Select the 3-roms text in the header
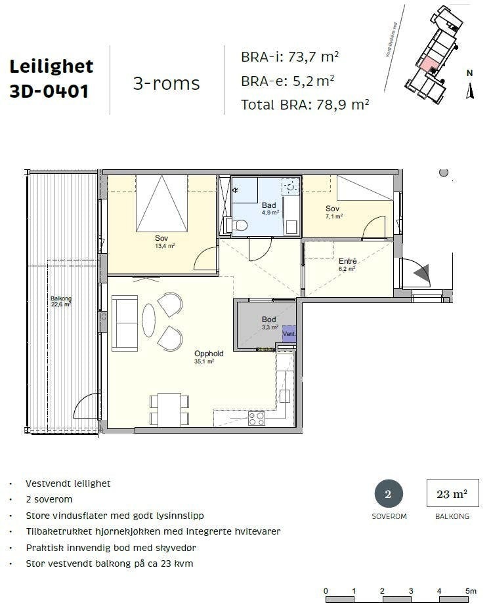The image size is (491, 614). tap(166, 83)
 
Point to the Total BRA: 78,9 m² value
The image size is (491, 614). tap(305, 104)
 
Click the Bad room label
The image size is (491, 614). tap(269, 205)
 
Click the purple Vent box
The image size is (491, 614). tap(289, 334)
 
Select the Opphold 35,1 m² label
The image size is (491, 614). tap(208, 357)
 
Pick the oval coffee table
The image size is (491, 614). tap(149, 322)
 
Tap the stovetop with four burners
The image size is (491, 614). tap(256, 418)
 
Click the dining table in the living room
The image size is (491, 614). tap(169, 409)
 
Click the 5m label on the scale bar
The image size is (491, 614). tap(470, 590)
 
